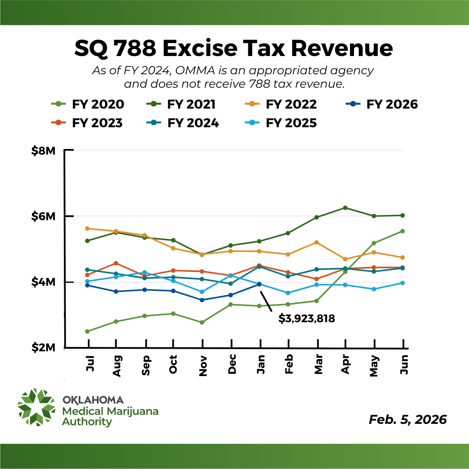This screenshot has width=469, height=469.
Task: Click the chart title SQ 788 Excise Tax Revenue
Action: [234, 49]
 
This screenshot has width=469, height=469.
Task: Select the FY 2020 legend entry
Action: [87, 105]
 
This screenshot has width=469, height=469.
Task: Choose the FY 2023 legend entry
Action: [87, 123]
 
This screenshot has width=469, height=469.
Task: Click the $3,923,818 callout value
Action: [307, 319]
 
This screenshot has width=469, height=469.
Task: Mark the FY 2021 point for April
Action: [345, 208]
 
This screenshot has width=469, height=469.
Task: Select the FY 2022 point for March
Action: [317, 242]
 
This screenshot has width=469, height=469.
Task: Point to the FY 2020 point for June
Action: [403, 231]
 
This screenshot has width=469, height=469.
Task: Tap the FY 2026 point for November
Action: [202, 300]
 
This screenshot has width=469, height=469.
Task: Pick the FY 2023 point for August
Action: [116, 263]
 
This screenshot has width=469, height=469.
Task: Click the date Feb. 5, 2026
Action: [407, 419]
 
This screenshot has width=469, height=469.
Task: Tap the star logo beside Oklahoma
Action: [36, 407]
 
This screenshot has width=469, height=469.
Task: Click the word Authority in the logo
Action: [87, 422]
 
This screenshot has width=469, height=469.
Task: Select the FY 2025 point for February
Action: [288, 293]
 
